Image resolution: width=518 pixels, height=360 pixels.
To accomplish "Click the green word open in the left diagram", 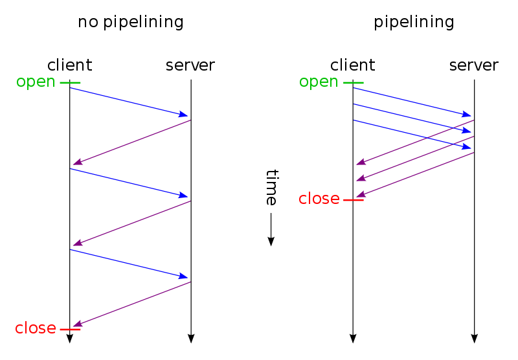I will pos(36,82).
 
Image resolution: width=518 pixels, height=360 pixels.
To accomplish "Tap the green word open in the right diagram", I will pos(319,82).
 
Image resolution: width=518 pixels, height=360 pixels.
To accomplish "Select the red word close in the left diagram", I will pos(36,328).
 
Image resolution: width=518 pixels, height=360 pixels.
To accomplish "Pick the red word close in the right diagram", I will pos(319,199).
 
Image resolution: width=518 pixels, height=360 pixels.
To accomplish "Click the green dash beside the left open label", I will pos(70,83).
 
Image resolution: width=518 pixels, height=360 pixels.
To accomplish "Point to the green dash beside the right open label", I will pos(353,83).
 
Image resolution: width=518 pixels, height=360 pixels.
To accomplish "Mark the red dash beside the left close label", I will pos(70,330).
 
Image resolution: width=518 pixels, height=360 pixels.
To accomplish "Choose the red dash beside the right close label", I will pos(353,200).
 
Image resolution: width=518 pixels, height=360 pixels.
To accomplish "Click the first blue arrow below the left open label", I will pos(129,102).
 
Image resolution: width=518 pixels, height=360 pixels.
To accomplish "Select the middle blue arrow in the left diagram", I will pos(129,183).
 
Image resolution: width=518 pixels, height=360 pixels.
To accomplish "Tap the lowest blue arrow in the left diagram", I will pos(129,264).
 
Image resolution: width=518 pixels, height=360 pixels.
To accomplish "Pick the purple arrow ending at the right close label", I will pos(414,175).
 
